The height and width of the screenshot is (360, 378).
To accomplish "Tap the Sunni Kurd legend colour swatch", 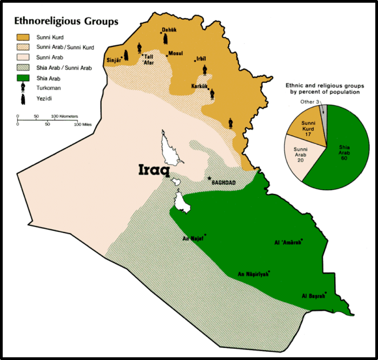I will (24, 38).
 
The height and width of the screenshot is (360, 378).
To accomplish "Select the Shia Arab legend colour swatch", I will (24, 78).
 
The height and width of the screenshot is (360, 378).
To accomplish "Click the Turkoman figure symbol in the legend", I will (24, 88).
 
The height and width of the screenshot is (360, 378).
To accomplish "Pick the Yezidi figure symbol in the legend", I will (24, 98).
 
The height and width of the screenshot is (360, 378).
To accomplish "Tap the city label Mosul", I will (176, 54).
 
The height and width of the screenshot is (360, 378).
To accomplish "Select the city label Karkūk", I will (200, 86).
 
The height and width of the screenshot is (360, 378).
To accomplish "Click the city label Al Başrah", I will (313, 296).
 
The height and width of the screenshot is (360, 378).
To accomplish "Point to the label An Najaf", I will (192, 238).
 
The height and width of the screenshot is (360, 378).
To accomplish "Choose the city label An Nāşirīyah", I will (253, 275).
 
